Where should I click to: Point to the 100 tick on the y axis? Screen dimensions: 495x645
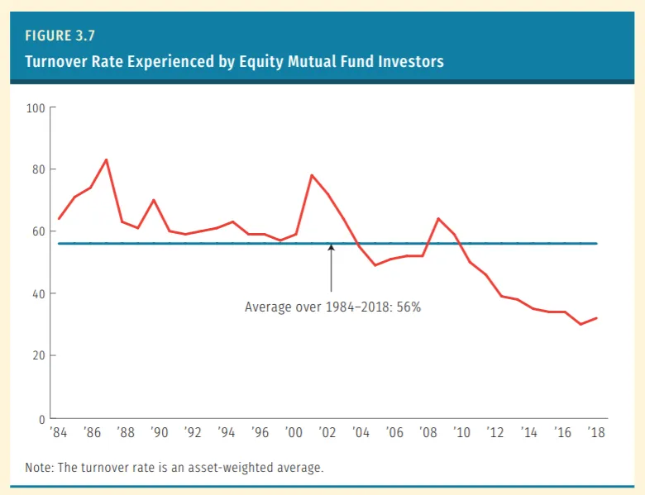pos(36,107)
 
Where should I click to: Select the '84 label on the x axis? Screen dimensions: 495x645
pos(60,432)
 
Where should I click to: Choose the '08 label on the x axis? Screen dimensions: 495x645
pos(428,432)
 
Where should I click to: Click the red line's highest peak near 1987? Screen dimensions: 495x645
pos(106,159)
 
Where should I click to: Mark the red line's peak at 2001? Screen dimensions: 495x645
pos(311,175)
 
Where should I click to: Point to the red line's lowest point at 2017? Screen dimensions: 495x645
pos(580,324)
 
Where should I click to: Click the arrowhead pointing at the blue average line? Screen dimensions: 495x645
pos(331,247)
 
